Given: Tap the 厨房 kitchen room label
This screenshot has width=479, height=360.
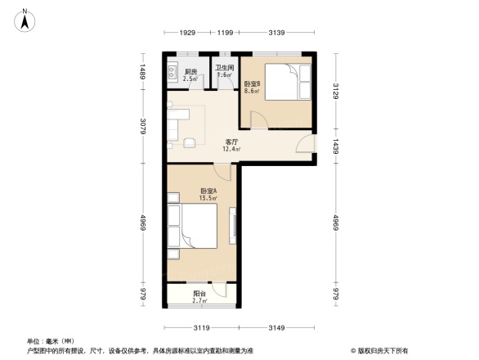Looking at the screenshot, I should click(190, 72).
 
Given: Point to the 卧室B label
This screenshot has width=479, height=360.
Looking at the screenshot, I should click(252, 83).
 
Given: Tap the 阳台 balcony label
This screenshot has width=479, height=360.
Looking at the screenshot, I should click(199, 295).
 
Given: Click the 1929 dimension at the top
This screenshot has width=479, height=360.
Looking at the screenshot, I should click(188, 33).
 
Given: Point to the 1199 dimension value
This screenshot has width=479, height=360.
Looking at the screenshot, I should click(225, 33).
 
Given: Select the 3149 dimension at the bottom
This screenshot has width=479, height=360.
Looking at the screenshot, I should click(280, 328).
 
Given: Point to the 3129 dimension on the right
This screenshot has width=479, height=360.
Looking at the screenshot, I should click(335, 88).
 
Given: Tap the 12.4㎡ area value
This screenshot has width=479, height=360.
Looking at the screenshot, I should click(232, 149).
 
